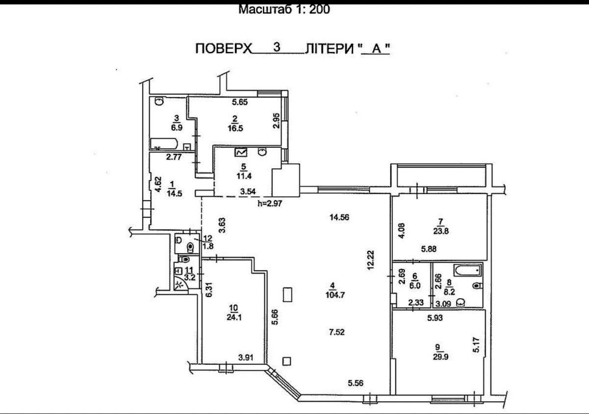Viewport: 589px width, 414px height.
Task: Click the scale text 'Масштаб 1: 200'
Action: pos(284,9)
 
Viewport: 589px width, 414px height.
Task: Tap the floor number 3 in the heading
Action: pos(277,48)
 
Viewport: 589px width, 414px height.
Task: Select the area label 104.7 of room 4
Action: pos(335,295)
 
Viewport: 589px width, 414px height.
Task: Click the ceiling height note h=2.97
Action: pos(270,203)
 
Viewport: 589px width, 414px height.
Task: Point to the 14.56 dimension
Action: pos(339,217)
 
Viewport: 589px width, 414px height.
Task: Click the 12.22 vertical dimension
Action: pos(371,260)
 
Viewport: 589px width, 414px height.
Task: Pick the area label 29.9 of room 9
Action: pos(441,357)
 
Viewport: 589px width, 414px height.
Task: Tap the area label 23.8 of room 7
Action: pos(441,231)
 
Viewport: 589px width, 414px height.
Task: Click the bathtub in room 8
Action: pos(468,270)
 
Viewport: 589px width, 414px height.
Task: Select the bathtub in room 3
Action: pos(164,144)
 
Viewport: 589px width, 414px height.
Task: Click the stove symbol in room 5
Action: pos(242,153)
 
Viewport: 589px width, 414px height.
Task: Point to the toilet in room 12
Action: pos(190,247)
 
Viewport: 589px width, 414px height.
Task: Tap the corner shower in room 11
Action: pos(181,285)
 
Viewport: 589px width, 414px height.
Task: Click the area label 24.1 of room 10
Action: pos(234,317)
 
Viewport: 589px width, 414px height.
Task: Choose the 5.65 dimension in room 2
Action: pos(240,102)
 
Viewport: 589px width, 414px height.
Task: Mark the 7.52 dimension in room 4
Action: pos(337,332)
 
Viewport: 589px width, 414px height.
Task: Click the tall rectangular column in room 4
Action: pos(287,295)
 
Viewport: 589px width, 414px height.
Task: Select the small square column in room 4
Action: pos(286,361)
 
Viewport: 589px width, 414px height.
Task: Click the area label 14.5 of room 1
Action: pos(175,193)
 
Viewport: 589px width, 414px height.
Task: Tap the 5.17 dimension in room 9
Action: pos(477,345)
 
